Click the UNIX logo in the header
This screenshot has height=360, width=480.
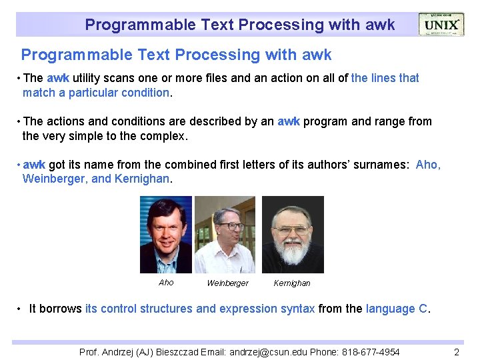point(442,25)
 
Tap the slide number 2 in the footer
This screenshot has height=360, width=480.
point(456,352)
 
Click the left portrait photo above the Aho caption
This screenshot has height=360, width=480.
point(166,235)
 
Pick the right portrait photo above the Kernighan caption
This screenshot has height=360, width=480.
point(293,235)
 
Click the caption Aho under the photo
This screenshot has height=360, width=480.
point(166,283)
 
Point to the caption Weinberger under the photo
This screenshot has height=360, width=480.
point(227,283)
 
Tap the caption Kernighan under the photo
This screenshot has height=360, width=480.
point(292,283)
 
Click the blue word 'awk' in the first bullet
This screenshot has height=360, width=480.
point(58,78)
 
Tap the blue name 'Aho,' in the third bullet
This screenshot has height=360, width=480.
point(428,164)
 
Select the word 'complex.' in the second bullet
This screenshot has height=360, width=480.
point(167,136)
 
